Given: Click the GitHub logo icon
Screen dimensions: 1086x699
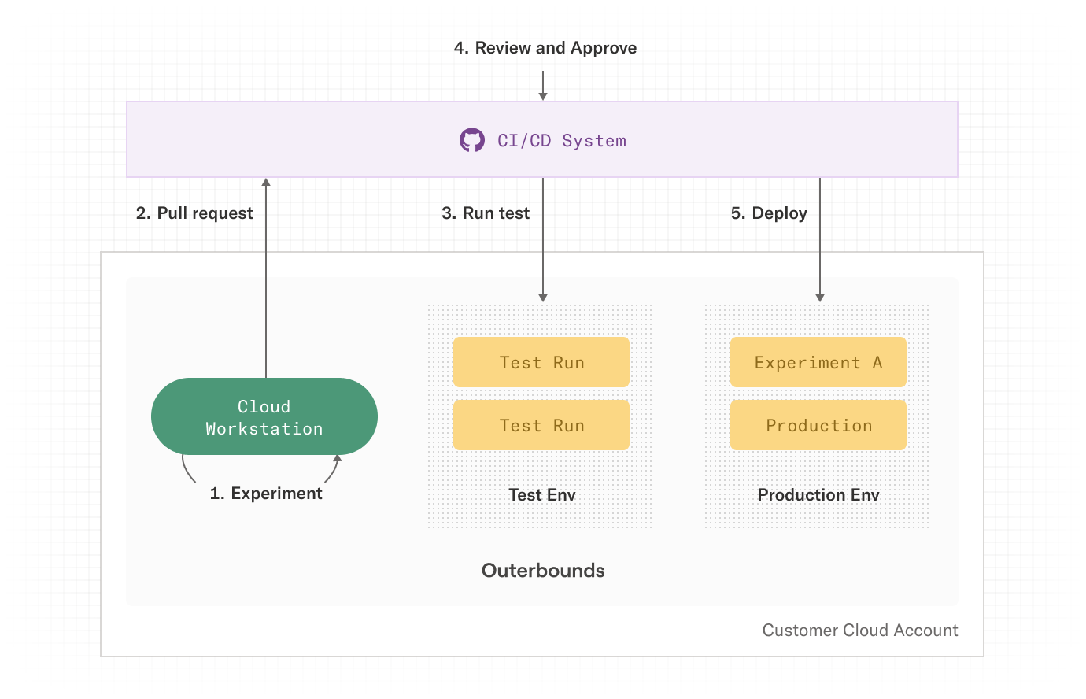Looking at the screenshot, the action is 471,140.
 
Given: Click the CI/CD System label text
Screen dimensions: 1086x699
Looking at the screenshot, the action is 562,141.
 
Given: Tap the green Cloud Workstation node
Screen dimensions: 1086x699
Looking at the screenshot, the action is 264,416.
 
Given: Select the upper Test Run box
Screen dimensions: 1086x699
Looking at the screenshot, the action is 541,362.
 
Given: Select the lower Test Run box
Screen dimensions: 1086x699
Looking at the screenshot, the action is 541,425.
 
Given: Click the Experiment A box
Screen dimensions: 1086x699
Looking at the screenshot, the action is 818,362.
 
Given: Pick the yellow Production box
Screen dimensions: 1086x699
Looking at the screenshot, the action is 818,425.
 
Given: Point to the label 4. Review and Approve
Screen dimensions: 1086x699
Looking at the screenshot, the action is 545,48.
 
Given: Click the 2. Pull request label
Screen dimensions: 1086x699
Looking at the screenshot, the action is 194,213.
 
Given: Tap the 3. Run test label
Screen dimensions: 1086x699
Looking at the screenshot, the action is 486,213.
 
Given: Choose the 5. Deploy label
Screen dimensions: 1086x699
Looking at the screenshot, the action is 769,213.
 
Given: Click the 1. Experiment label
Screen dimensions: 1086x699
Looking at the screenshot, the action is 266,494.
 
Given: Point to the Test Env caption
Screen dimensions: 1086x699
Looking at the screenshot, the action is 542,495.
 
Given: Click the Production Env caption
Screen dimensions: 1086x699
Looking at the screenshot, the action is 818,495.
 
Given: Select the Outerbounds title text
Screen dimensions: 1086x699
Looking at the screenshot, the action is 543,571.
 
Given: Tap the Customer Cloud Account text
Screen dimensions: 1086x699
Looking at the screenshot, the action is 860,630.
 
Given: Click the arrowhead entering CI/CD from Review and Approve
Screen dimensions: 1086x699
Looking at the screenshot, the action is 543,97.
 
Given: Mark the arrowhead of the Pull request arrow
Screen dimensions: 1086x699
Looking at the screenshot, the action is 266,183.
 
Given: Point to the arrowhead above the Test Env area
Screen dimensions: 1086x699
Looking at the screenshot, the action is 543,298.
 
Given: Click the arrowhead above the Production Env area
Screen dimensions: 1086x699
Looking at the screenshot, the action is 820,298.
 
